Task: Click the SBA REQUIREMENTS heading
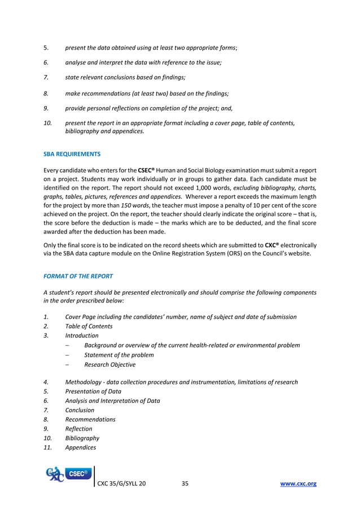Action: click(x=72, y=153)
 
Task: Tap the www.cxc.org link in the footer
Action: click(x=298, y=484)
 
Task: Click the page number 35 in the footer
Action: click(x=185, y=484)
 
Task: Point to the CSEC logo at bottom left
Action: click(x=68, y=475)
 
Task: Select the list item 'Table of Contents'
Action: click(x=89, y=326)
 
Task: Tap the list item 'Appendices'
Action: click(x=80, y=447)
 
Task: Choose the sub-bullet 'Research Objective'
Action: click(x=109, y=365)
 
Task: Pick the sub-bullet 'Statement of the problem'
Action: click(x=118, y=355)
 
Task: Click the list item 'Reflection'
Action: click(x=78, y=429)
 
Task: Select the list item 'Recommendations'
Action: click(x=90, y=419)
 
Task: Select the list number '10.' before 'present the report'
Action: click(x=48, y=122)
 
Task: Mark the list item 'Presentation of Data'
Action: click(x=93, y=392)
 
